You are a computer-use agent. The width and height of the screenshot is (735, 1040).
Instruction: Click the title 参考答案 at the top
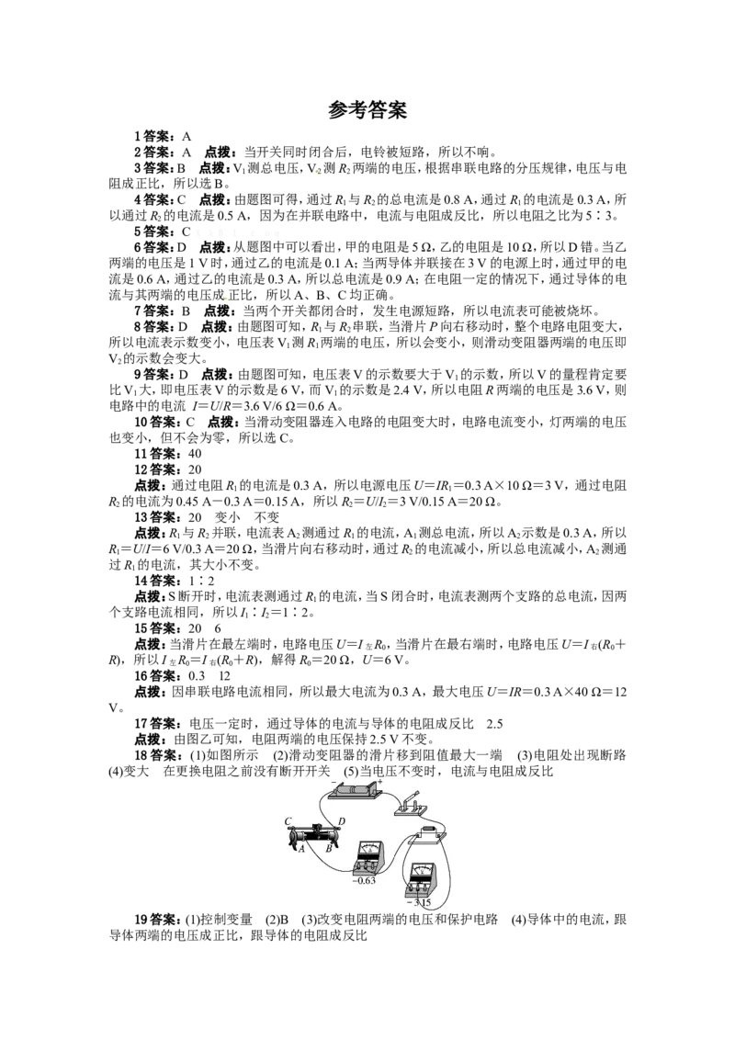[367, 110]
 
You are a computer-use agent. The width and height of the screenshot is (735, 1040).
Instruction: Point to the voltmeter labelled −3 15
[420, 878]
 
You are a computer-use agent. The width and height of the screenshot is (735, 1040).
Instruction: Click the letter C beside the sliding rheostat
[288, 821]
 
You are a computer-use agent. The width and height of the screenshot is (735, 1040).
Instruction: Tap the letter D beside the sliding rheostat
[342, 821]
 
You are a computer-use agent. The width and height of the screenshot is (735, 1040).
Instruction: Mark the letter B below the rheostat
[328, 848]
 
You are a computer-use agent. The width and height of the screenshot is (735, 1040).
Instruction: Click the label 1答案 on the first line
[154, 137]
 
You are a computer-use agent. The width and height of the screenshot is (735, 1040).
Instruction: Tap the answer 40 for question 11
[195, 454]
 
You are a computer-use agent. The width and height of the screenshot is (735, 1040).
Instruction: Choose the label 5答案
[154, 232]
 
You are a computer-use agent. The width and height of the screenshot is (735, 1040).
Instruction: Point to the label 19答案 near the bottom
[156, 920]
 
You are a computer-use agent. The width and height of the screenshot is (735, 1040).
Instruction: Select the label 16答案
[156, 676]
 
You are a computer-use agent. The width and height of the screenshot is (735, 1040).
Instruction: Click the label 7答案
[154, 311]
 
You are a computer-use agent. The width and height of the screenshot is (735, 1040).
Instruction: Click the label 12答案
[156, 469]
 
